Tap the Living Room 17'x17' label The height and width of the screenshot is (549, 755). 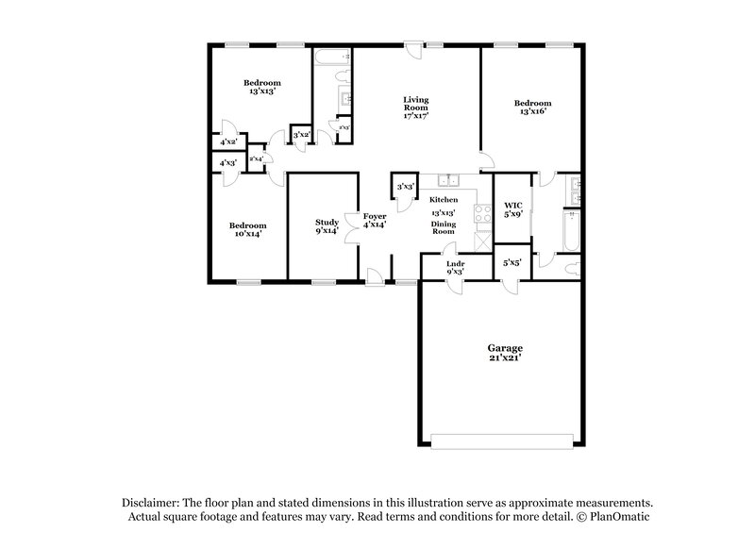click(416, 108)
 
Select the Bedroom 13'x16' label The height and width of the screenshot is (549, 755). click(531, 108)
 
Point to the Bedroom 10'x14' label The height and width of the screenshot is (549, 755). click(247, 229)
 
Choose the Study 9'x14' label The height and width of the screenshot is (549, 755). click(327, 226)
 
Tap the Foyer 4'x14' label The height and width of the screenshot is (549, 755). click(375, 221)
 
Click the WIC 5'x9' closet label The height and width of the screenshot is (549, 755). click(512, 209)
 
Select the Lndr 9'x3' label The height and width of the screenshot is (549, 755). click(455, 268)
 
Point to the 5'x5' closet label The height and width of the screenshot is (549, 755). click(512, 263)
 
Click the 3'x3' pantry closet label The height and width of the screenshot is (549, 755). click(406, 187)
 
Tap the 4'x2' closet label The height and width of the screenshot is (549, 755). click(227, 142)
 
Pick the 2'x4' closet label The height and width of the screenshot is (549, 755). click(256, 159)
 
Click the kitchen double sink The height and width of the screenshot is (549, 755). click(444, 182)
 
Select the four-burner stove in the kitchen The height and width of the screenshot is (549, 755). click(484, 213)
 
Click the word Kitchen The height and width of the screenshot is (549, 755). click(444, 200)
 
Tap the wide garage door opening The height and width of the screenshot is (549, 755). click(501, 440)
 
